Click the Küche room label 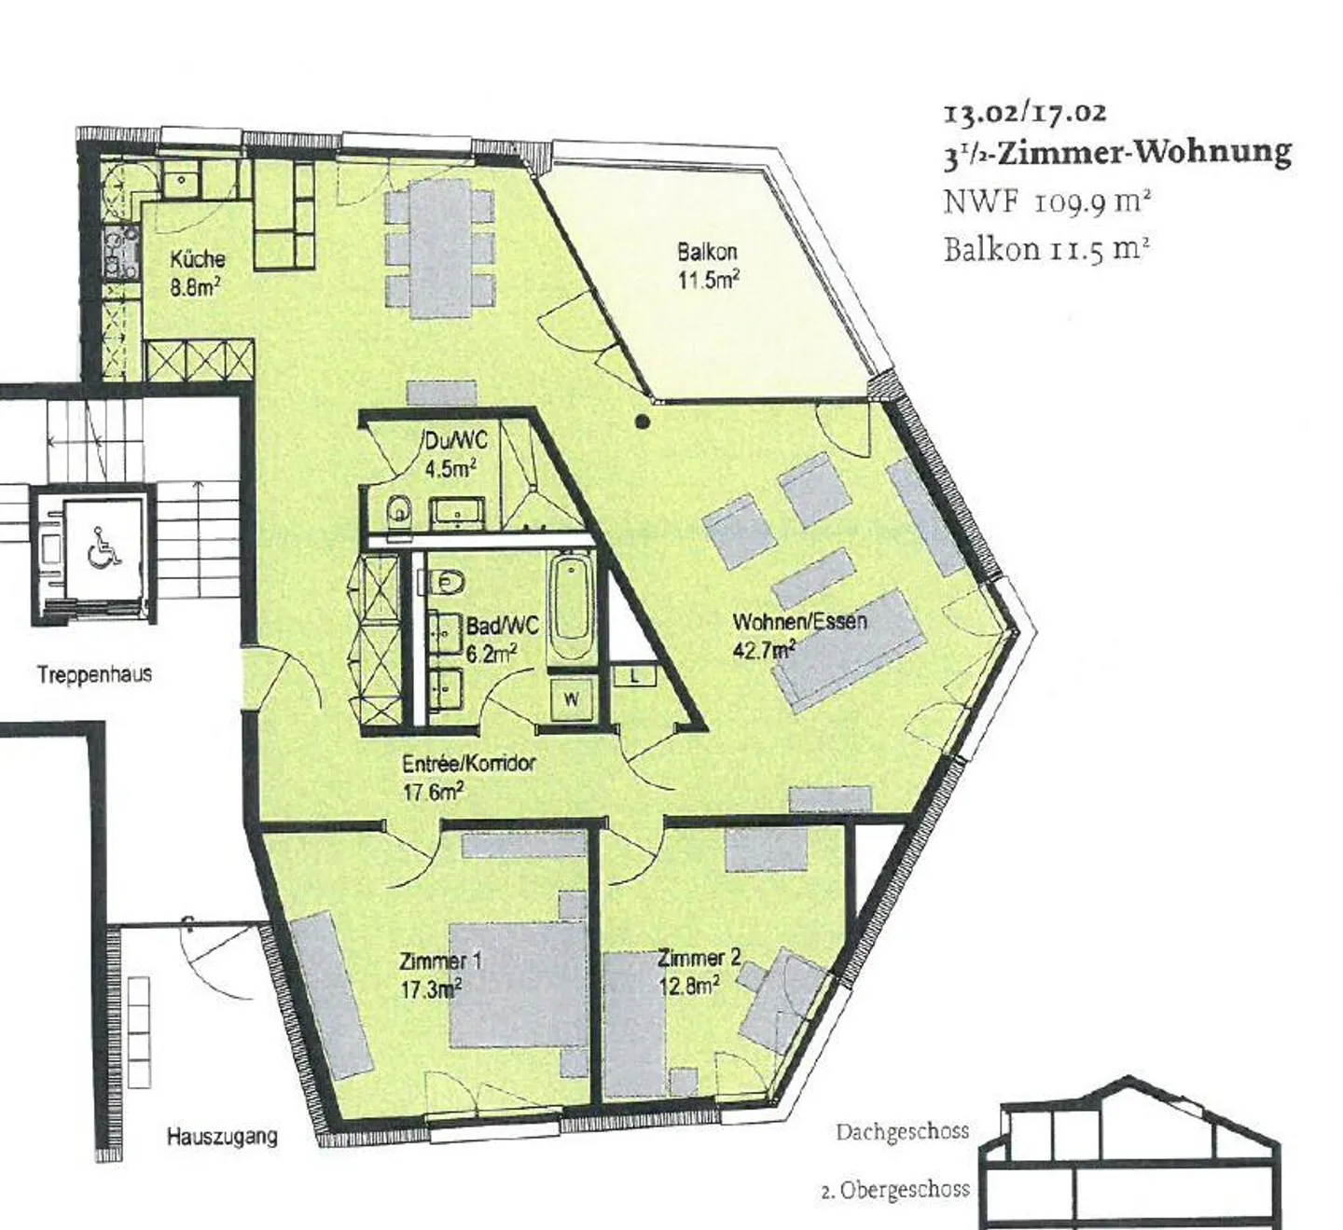pos(198,272)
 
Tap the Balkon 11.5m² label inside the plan pos(708,265)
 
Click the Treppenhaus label pos(95,673)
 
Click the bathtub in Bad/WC pos(571,609)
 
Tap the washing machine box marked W pos(571,699)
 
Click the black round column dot pos(643,422)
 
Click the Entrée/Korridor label pos(468,777)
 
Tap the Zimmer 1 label pos(440,974)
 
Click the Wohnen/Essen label pos(799,634)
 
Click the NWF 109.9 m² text pos(1047,201)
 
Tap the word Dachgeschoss pos(902,1132)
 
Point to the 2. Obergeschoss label pos(895,1190)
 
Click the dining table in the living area pos(439,249)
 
